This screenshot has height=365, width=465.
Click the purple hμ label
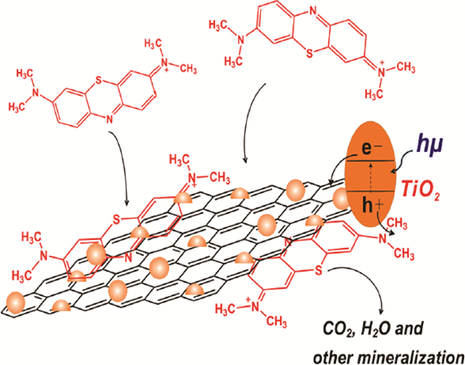428,147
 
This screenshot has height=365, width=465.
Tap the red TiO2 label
420,190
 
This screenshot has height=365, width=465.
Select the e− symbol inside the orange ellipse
372,148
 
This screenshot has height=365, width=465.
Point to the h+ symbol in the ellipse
372,206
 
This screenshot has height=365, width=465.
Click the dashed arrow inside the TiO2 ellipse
370,177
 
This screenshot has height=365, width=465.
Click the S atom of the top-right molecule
310,54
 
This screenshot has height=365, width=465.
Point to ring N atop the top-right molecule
312,12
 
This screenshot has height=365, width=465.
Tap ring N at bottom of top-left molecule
110,119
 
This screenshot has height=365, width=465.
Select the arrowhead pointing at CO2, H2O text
381,311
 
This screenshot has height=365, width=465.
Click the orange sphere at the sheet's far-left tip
15,302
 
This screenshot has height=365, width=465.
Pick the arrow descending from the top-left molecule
123,167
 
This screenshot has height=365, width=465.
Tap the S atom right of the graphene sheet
318,271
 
